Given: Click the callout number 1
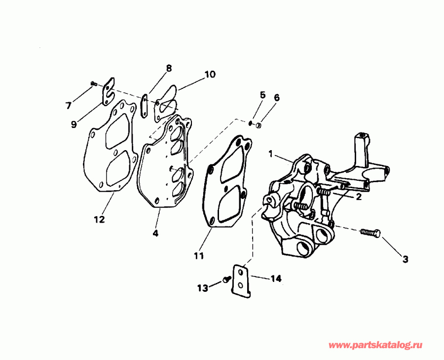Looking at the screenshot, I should pyautogui.click(x=270, y=154).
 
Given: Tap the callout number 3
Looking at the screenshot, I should pyautogui.click(x=405, y=258).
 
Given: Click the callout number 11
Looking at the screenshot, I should pyautogui.click(x=198, y=255).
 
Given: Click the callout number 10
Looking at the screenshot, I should pyautogui.click(x=210, y=75).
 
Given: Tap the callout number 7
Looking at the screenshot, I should pyautogui.click(x=69, y=105).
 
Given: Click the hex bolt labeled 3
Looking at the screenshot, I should pyautogui.click(x=370, y=233).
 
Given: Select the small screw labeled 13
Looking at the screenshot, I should pyautogui.click(x=226, y=280).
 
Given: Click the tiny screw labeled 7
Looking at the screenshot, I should pyautogui.click(x=93, y=85).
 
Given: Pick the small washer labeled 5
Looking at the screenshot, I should pyautogui.click(x=251, y=122).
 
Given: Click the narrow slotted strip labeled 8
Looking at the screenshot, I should pyautogui.click(x=144, y=106).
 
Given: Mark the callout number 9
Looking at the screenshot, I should pyautogui.click(x=73, y=124).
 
